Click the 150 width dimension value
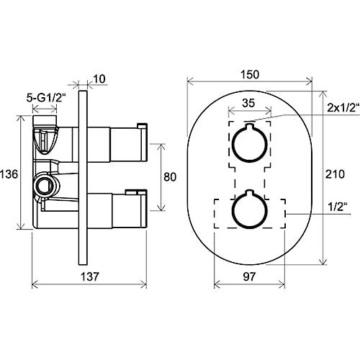pos(250,74)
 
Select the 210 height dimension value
pos(335,174)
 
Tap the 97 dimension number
pos(249,276)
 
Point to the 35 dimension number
pos(248,103)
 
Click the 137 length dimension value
pos(89,276)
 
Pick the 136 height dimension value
pos(9,174)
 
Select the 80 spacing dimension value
pos(170,177)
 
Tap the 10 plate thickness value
pos(99,79)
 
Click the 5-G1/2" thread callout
pos(46,98)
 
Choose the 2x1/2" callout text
pos(343,108)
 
